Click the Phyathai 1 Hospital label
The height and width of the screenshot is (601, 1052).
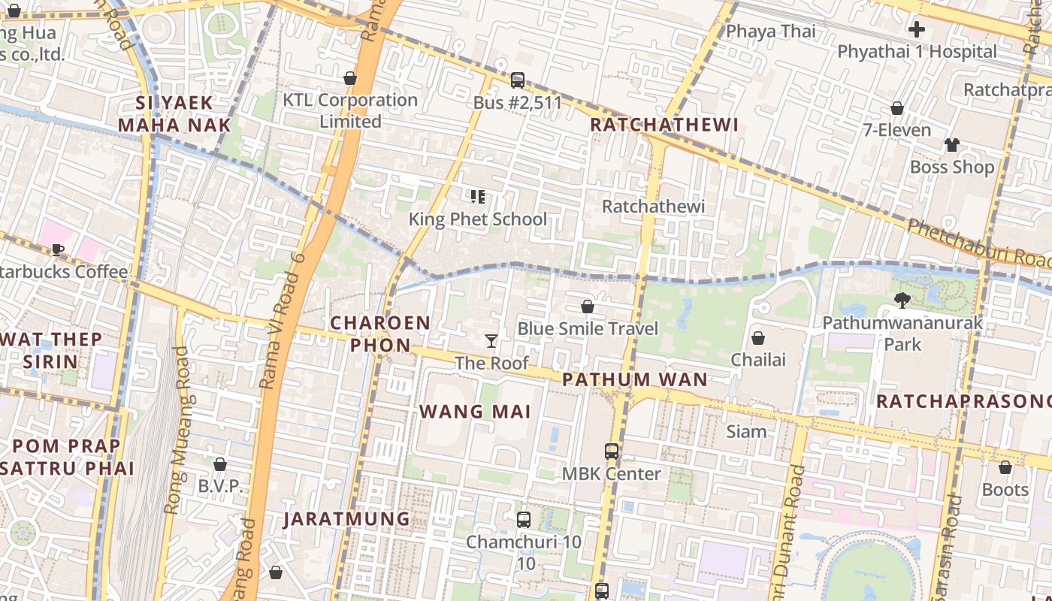coord(917,52)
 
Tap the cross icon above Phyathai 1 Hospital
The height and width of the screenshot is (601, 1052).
coord(916,30)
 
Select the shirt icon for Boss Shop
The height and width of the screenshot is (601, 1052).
coord(952,145)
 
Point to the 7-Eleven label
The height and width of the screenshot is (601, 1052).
coord(896,130)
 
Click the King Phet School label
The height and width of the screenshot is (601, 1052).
coord(478,219)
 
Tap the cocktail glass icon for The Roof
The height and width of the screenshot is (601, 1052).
coord(491,341)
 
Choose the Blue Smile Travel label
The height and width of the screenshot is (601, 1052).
coord(588,329)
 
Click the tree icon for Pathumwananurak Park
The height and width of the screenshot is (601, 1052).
coord(902,300)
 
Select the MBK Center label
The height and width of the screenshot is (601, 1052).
coord(612,474)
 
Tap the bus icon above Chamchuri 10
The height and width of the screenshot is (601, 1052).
coord(524,519)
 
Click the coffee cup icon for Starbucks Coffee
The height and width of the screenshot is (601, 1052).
coord(57,250)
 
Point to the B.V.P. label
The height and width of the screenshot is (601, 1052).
coord(220,486)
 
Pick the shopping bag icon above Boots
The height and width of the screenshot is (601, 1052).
coord(1005,467)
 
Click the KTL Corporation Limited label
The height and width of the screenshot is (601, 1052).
coord(350,110)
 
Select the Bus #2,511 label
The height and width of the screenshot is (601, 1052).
coord(518,103)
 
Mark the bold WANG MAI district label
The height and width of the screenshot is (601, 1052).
coord(475,412)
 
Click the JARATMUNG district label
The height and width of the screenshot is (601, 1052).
coord(346,519)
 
